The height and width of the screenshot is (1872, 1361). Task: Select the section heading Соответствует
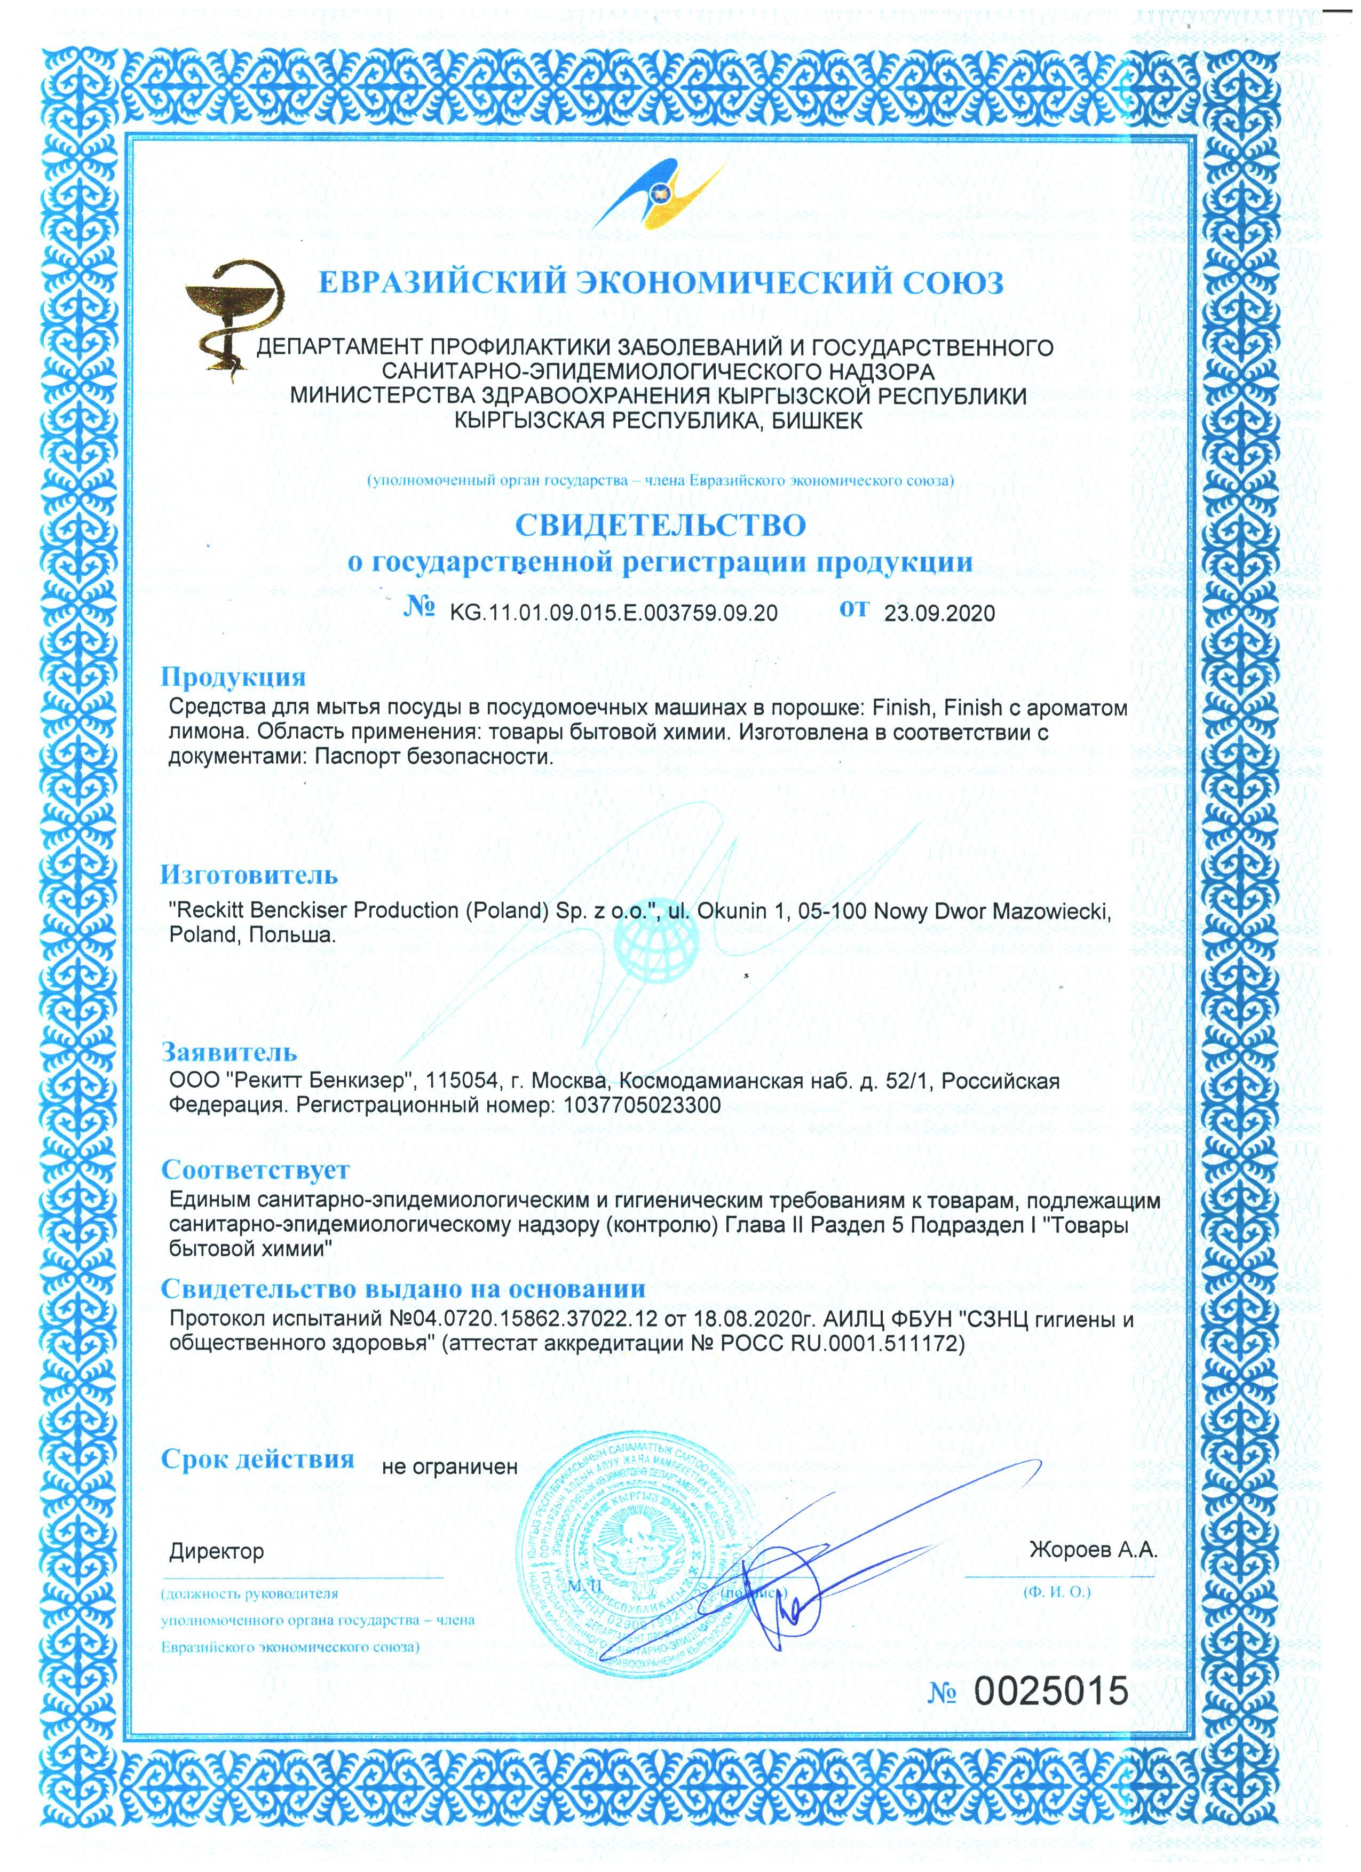point(255,1170)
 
